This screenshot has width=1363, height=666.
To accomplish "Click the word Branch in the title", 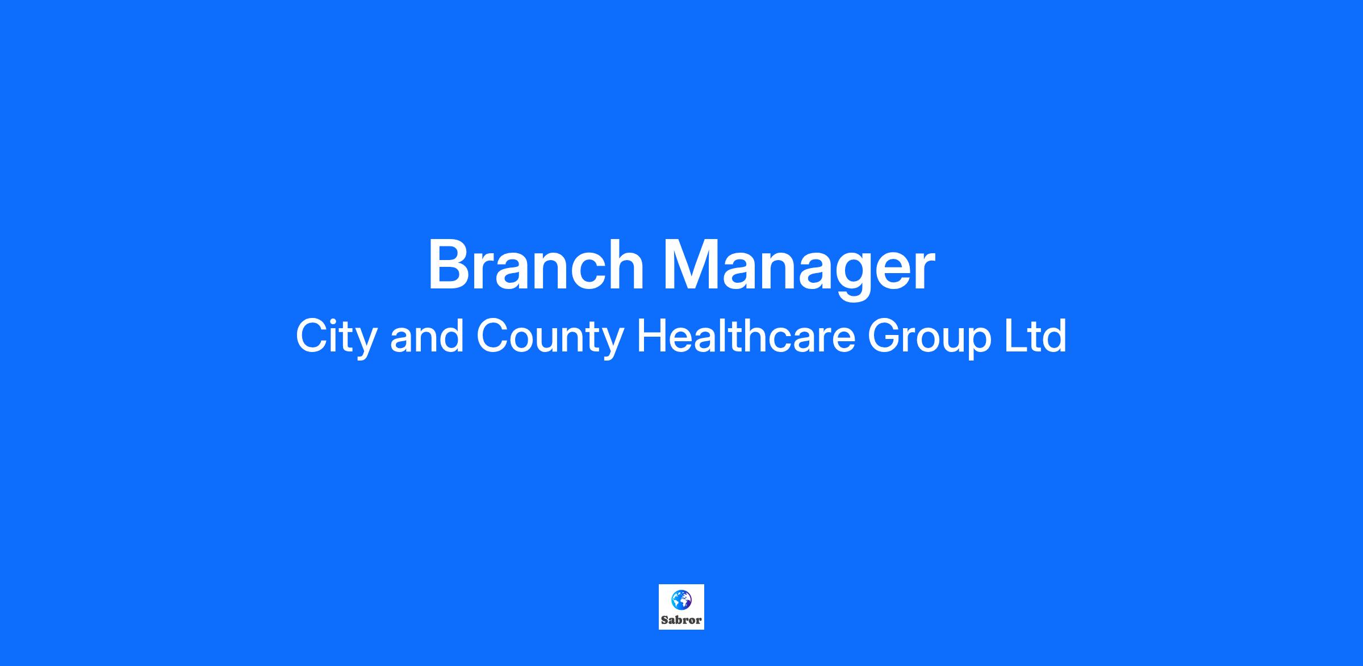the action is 536,265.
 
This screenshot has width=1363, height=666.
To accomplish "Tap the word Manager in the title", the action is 799,269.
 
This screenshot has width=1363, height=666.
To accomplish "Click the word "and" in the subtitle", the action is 427,337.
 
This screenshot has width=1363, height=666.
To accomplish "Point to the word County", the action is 550,338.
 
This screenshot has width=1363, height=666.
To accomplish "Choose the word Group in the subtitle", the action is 929,338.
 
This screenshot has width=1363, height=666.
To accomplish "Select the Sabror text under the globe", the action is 681,620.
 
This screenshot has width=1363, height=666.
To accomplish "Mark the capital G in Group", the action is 885,336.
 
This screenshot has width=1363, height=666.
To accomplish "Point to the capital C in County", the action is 493,336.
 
